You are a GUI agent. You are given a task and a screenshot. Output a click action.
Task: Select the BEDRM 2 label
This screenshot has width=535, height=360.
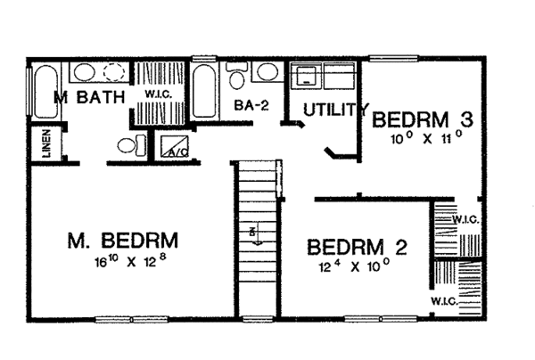pyautogui.click(x=357, y=246)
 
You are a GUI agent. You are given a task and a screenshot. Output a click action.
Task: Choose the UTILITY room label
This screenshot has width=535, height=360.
pyautogui.click(x=334, y=110)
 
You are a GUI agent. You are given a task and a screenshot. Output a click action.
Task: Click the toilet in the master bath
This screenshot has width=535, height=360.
pyautogui.click(x=127, y=147)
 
